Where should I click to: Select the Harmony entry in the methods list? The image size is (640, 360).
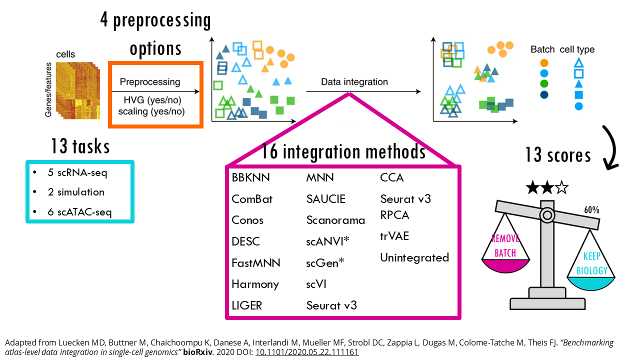(x=255, y=284)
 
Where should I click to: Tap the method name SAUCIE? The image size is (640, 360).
(x=326, y=199)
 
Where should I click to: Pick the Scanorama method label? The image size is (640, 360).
(x=335, y=220)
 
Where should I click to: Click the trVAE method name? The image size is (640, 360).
(x=394, y=236)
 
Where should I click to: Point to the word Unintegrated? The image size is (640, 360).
(x=414, y=258)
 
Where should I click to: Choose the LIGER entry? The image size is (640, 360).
(x=246, y=305)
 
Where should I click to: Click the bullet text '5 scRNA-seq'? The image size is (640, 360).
(x=74, y=173)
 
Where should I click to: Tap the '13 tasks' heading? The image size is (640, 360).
(x=80, y=147)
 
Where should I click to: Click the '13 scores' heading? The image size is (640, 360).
(x=558, y=155)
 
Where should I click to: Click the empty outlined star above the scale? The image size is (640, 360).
(x=561, y=188)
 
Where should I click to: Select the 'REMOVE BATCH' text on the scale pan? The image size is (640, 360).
(x=505, y=246)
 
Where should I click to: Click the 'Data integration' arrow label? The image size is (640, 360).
(x=354, y=82)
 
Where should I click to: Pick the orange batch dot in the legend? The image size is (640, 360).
(x=544, y=63)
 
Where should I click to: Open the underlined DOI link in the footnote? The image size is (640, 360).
(x=306, y=352)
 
